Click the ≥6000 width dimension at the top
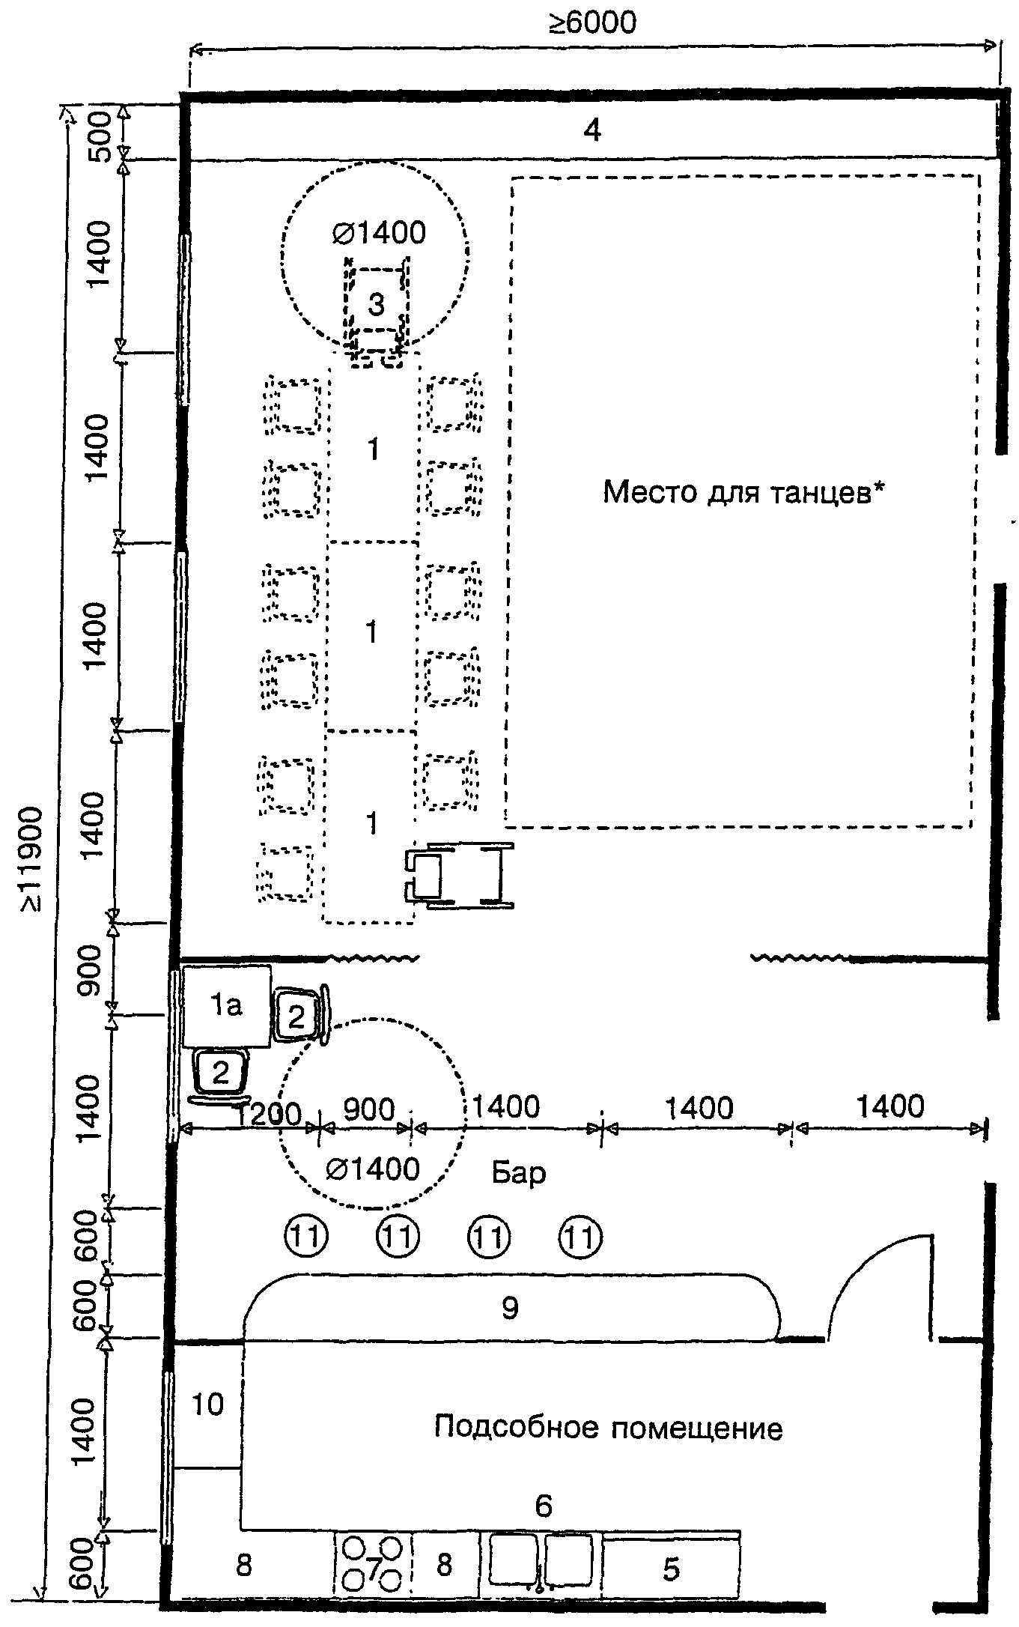tap(593, 22)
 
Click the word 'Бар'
tap(519, 1172)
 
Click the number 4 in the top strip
tap(592, 131)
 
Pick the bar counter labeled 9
tap(511, 1307)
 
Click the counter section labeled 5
tap(672, 1568)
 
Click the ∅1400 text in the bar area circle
tap(373, 1169)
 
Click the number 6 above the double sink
tap(544, 1504)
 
